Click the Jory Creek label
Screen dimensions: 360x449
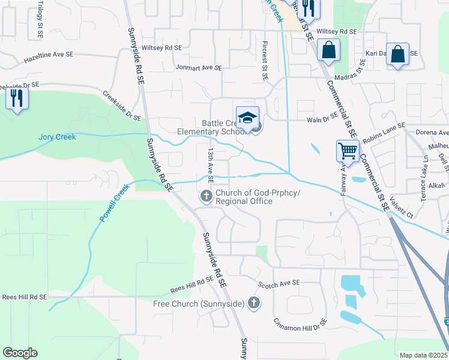58,137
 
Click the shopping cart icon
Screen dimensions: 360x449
348,151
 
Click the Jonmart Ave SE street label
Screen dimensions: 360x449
199,68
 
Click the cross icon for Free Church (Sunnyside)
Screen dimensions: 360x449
254,303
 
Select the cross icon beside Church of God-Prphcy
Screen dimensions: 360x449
206,196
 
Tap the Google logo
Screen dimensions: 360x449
20,353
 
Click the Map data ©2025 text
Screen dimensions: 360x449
424,355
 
